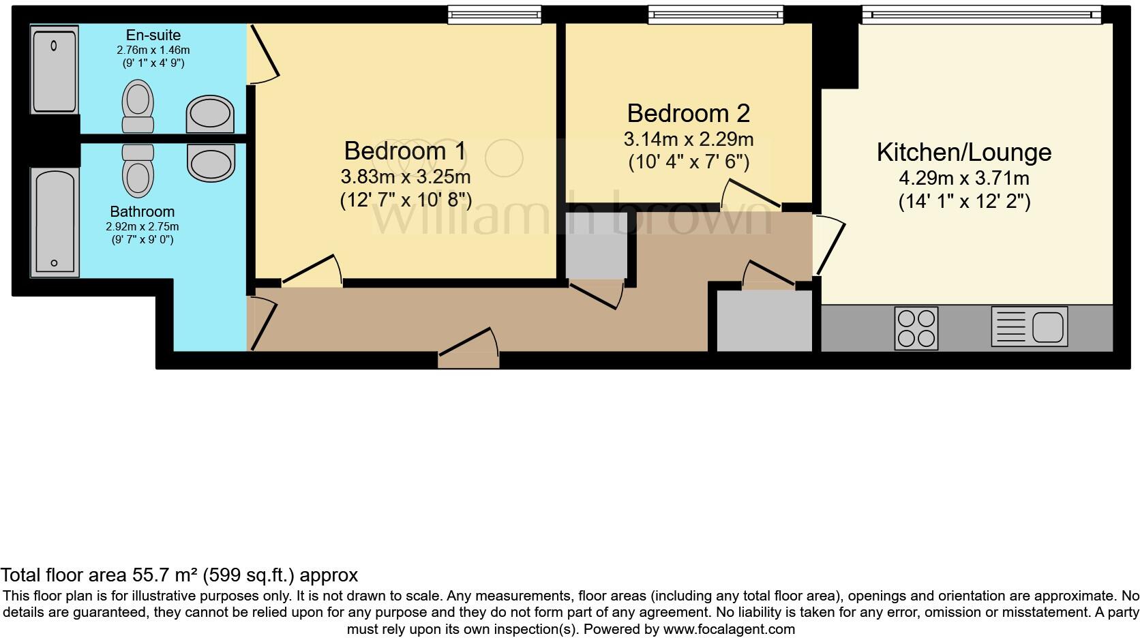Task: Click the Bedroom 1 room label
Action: click(405, 151)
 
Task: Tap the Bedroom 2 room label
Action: click(688, 113)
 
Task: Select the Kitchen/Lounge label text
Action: click(963, 152)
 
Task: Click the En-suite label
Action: click(153, 35)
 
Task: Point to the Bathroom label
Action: click(142, 212)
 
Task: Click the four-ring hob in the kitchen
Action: click(916, 329)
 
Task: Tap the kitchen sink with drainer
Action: click(1029, 326)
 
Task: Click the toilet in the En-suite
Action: click(138, 106)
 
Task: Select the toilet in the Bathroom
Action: click(138, 169)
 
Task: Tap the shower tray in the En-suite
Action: click(55, 68)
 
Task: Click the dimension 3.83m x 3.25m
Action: click(405, 177)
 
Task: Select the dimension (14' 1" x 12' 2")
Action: click(963, 202)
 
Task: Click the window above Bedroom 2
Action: click(715, 14)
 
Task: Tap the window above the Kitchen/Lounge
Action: click(981, 14)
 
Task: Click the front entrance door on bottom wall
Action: click(468, 354)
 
